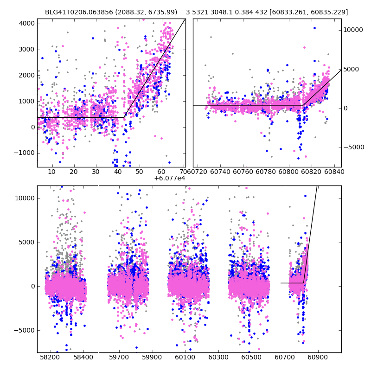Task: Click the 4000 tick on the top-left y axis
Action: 26,23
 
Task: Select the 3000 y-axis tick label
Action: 26,49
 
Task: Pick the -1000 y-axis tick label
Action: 24,153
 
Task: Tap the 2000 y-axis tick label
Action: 26,75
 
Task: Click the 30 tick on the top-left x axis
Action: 96,172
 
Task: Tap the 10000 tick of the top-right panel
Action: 353,30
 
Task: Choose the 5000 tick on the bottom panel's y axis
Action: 26,242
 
